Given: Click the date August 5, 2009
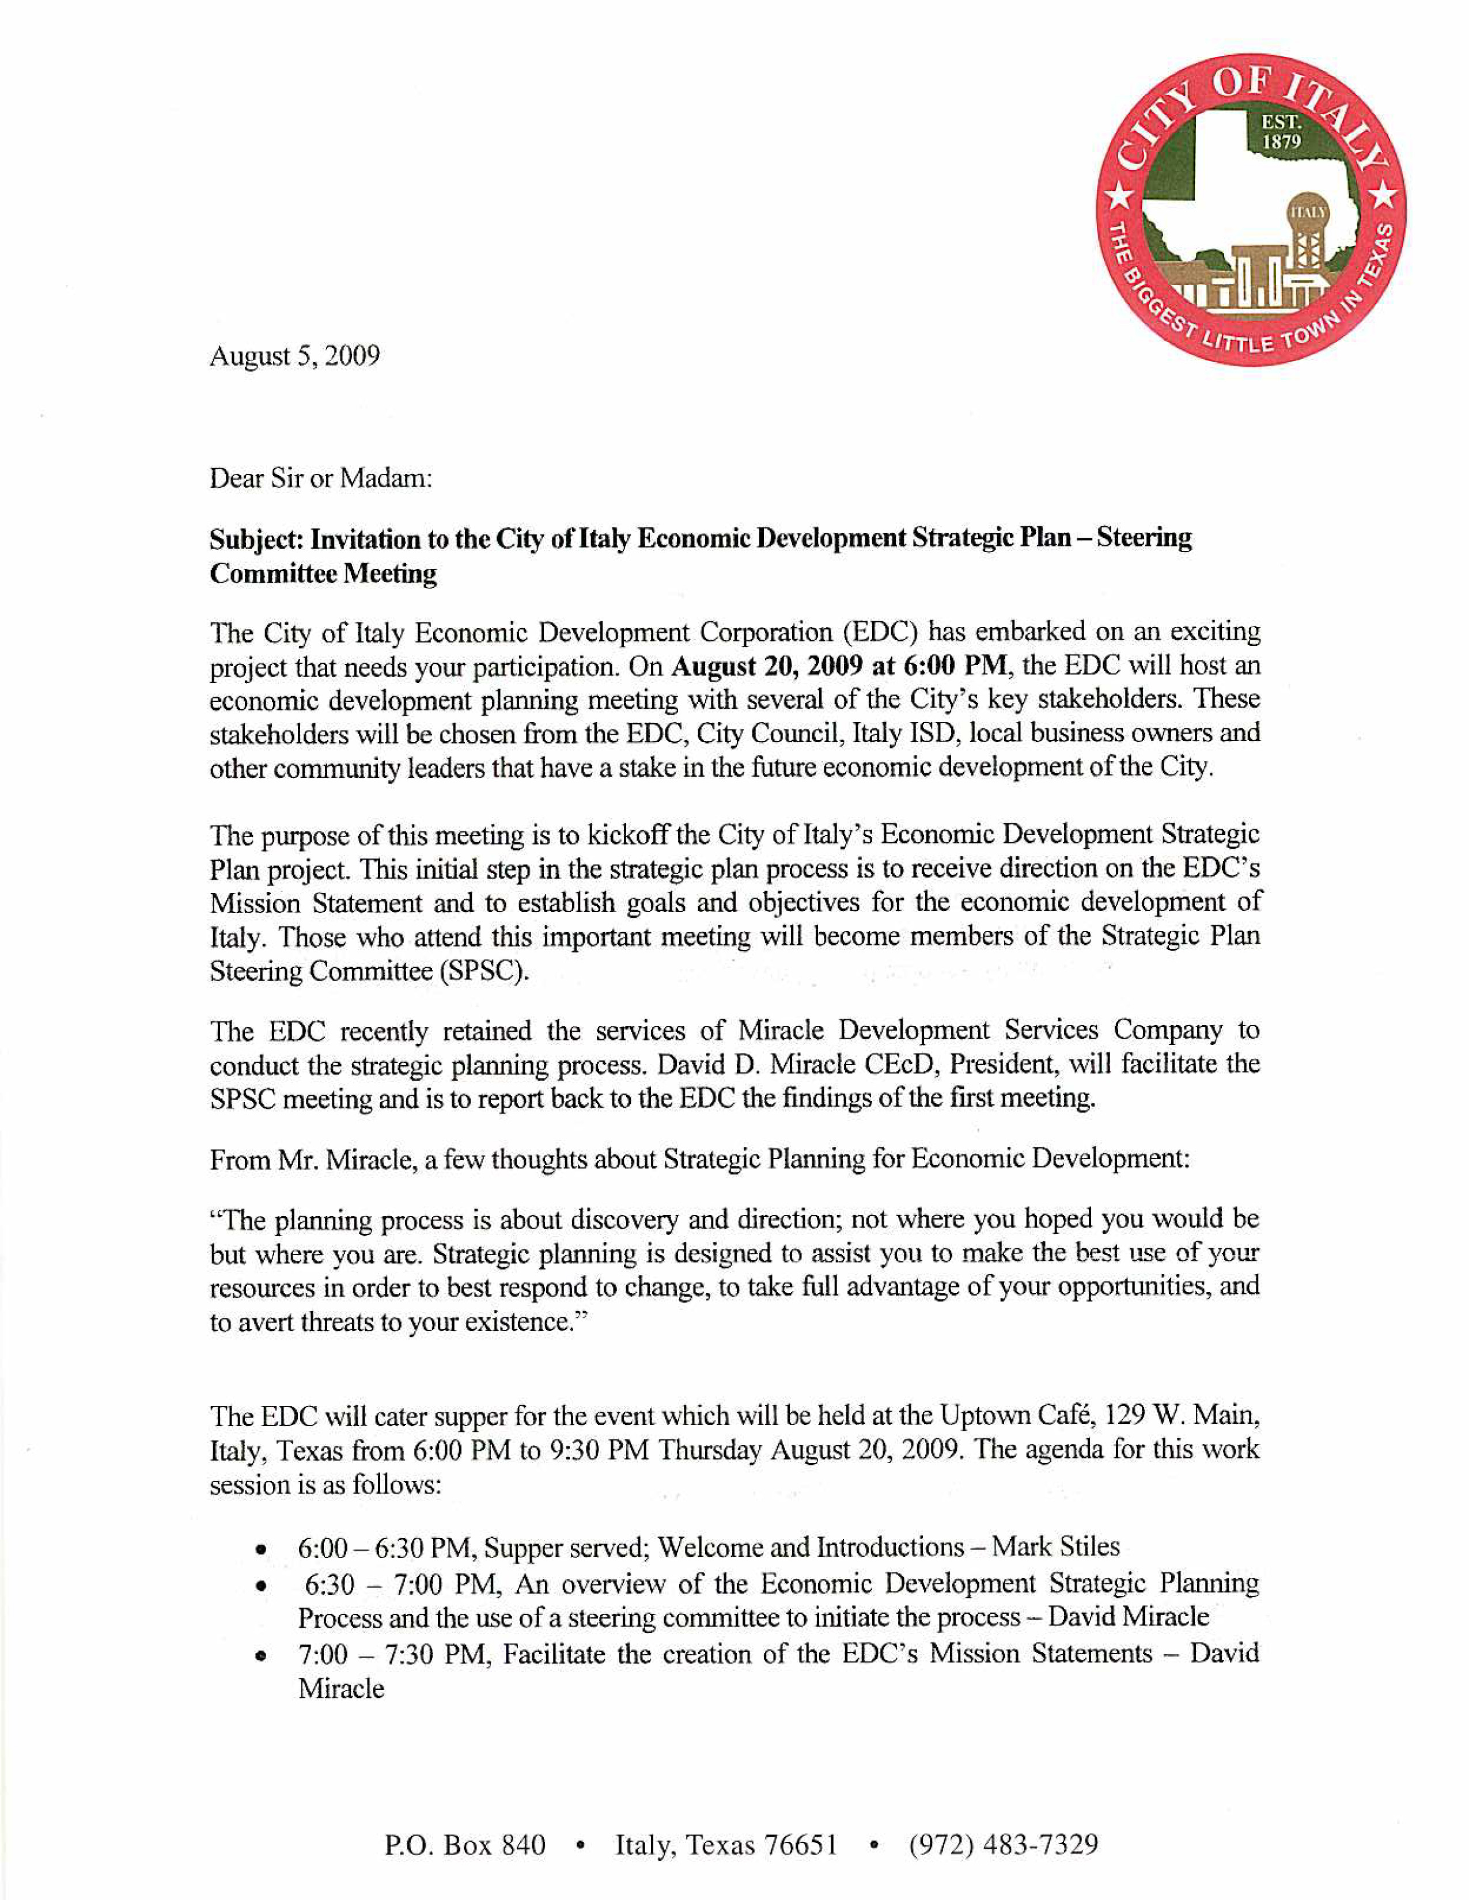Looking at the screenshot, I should click(294, 356).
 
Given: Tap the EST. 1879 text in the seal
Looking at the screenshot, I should click(1280, 132).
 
